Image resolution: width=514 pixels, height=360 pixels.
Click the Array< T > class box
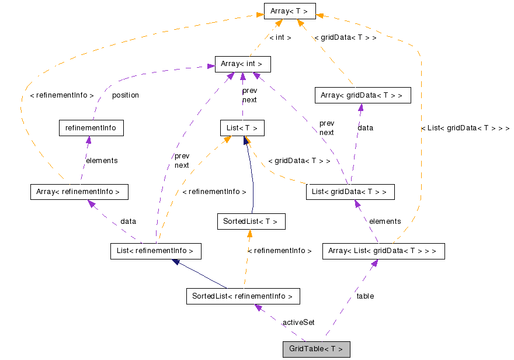290,11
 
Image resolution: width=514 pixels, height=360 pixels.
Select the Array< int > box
242,64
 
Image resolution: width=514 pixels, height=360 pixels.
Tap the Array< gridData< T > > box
361,95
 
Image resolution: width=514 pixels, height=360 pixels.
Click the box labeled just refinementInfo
91,128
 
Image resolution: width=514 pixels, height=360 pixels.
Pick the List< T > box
242,128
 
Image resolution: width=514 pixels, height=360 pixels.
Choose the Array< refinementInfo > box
78,192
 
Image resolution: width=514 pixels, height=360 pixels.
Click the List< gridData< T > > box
350,192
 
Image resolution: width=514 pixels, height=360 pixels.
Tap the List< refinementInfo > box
155,251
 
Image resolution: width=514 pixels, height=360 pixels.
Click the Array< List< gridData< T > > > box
383,251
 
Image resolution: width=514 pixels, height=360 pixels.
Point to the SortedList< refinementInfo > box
242,296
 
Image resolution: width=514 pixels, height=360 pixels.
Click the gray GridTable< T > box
316,349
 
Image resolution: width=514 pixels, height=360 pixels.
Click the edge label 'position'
126,95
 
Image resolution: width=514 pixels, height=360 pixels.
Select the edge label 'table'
365,296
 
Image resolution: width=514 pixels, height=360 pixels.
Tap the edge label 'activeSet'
298,323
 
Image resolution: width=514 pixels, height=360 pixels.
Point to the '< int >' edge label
280,37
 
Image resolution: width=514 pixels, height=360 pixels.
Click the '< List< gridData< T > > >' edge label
465,128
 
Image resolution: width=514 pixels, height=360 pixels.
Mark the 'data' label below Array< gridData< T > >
366,127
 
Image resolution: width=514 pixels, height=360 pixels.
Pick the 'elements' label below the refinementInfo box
102,160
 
